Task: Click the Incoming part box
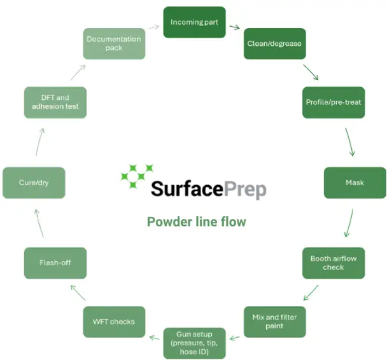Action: pyautogui.click(x=194, y=22)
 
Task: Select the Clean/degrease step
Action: pyautogui.click(x=274, y=44)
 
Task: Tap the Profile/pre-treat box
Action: pyautogui.click(x=333, y=102)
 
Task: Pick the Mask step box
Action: pyautogui.click(x=355, y=183)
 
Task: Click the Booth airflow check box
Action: pyautogui.click(x=333, y=263)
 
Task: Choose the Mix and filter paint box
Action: pyautogui.click(x=274, y=321)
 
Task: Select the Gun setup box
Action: pyautogui.click(x=194, y=342)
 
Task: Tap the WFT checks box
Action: pyautogui.click(x=114, y=321)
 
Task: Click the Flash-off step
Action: pyautogui.click(x=55, y=263)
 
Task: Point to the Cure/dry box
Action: pyautogui.click(x=34, y=183)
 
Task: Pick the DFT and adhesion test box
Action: pyautogui.click(x=55, y=102)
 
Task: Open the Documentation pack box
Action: pyautogui.click(x=114, y=44)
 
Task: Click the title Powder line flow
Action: pyautogui.click(x=196, y=222)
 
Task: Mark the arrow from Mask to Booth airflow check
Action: pyautogui.click(x=348, y=223)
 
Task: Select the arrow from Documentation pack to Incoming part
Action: pyautogui.click(x=153, y=27)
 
